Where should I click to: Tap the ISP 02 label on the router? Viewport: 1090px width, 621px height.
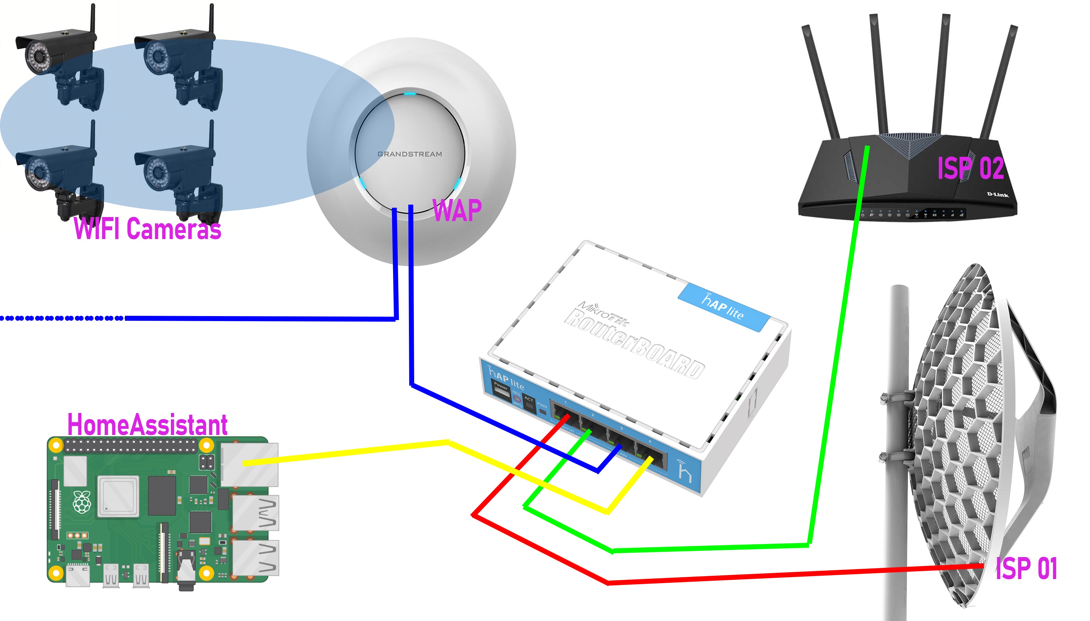pyautogui.click(x=970, y=168)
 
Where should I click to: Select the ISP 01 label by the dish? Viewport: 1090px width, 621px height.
pyautogui.click(x=1026, y=568)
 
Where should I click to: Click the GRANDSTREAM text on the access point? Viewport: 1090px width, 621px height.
pyautogui.click(x=410, y=154)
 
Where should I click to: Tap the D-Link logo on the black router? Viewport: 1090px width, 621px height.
pyautogui.click(x=997, y=194)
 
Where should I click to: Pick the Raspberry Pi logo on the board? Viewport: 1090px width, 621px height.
pyautogui.click(x=82, y=502)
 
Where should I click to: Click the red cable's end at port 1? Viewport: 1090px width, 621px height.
pyautogui.click(x=568, y=415)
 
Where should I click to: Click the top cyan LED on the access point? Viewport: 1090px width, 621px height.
pyautogui.click(x=410, y=94)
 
